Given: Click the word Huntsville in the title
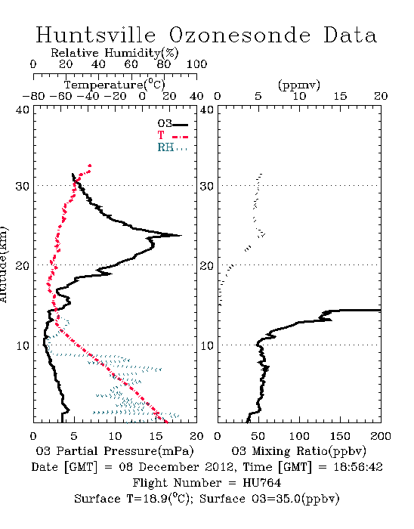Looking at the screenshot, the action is point(96,35).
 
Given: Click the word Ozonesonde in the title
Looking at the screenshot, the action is point(239,35).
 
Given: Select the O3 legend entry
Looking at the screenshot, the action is point(172,124).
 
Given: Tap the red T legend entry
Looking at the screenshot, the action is point(172,135).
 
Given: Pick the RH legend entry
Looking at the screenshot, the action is point(172,147).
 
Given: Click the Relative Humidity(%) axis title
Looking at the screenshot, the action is point(115,53).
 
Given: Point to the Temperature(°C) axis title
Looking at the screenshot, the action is point(115,85).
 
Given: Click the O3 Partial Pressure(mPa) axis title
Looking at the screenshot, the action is point(115,450).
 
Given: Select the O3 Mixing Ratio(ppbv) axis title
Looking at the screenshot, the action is point(298,450).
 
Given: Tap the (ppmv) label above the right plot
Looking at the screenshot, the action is point(299,85).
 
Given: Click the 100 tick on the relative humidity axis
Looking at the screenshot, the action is point(196,64).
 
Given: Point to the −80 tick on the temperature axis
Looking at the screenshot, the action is point(33,96).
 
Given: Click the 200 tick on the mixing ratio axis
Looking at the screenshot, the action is point(381,436).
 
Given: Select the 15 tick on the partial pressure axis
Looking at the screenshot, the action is point(156,436).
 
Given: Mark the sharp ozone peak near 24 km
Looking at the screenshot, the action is point(181,236).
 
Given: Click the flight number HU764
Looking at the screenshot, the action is point(262,483).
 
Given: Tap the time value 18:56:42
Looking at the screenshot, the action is point(358,467).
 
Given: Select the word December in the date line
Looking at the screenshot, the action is point(169,467).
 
